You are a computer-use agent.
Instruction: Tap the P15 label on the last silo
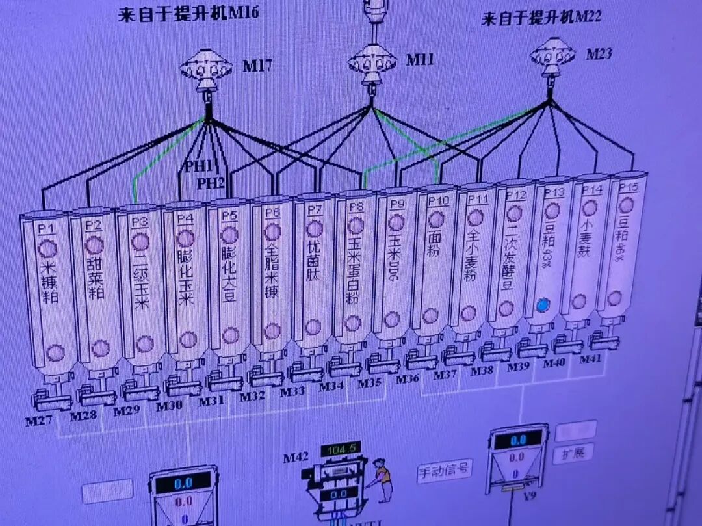pyautogui.click(x=628, y=187)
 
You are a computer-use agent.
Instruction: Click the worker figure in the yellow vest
pyautogui.click(x=383, y=478)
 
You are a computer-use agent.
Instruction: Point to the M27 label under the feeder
pyautogui.click(x=38, y=421)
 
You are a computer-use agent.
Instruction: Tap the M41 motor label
pyautogui.click(x=590, y=359)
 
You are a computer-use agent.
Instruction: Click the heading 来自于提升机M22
pyautogui.click(x=541, y=17)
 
